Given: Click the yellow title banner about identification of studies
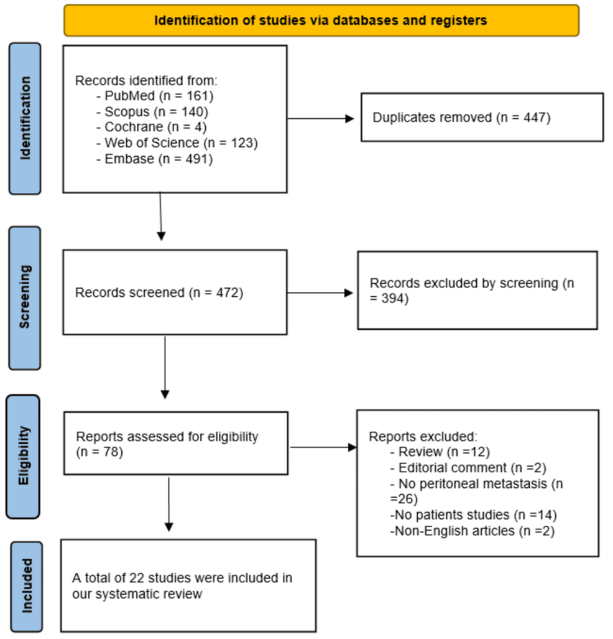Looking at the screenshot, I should click(x=321, y=21).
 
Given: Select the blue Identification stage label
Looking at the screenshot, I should click(x=25, y=118).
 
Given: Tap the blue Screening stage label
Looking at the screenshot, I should click(x=25, y=297).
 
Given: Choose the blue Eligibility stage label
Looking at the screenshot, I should click(x=24, y=456).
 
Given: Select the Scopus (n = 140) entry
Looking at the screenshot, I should click(x=152, y=111).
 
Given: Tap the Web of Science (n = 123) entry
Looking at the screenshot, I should click(x=177, y=143).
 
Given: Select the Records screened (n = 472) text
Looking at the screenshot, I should click(x=159, y=292).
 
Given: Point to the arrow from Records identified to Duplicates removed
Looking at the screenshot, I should click(x=320, y=118).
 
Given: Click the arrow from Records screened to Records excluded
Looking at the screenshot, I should click(x=320, y=292).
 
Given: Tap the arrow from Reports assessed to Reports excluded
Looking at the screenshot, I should click(x=323, y=447).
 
